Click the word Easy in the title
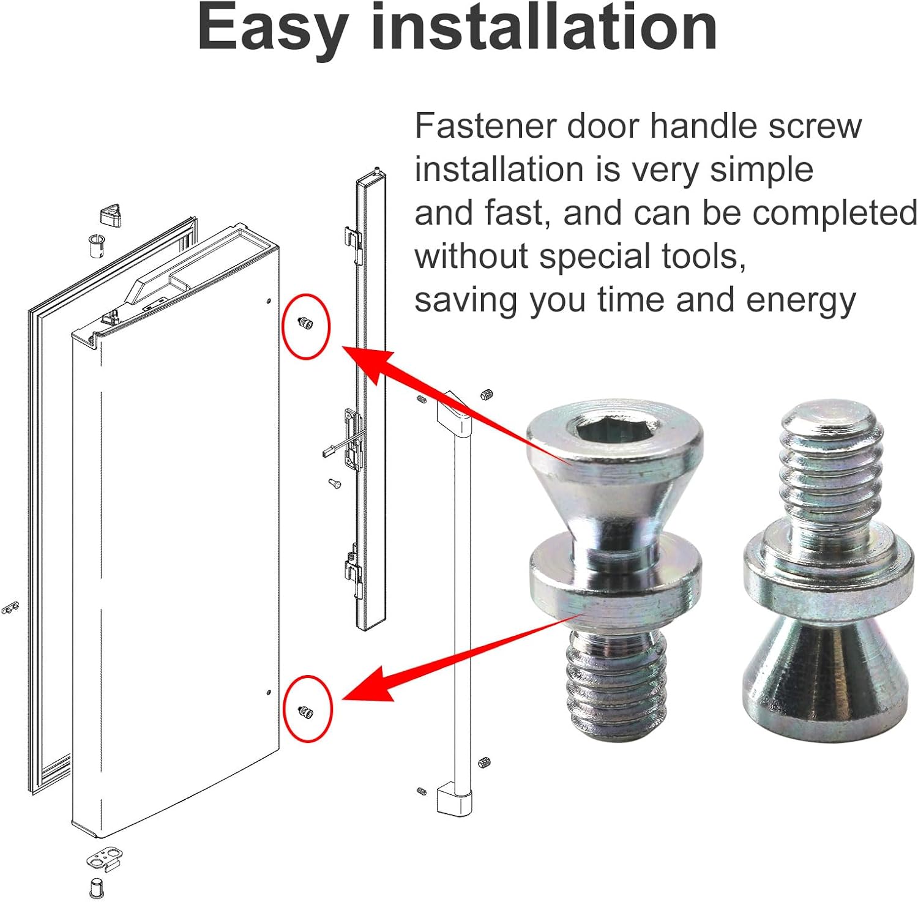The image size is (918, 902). coord(274,29)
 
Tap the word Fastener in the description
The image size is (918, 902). coord(485,125)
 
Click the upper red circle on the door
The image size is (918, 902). coord(306,327)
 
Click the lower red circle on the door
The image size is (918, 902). coord(308,709)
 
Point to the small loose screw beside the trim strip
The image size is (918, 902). coord(334,483)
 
